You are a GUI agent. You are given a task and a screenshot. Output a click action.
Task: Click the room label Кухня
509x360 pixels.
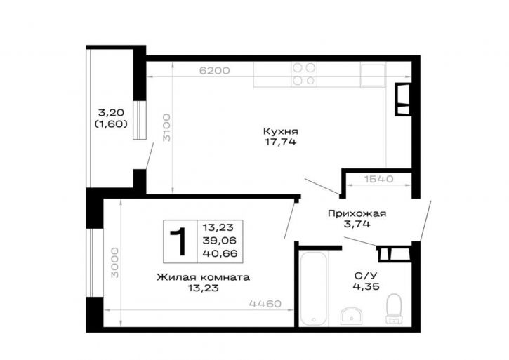(x=280, y=131)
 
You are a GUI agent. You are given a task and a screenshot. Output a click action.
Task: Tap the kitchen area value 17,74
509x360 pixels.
(x=281, y=142)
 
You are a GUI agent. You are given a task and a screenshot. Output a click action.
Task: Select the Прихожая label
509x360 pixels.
(x=357, y=213)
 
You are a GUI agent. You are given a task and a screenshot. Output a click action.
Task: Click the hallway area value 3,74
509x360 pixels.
(x=357, y=224)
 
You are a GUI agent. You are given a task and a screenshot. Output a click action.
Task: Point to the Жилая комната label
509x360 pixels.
(x=203, y=278)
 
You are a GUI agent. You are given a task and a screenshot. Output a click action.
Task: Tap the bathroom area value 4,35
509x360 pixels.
(x=366, y=286)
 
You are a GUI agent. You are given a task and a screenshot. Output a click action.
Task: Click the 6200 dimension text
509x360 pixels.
(x=214, y=70)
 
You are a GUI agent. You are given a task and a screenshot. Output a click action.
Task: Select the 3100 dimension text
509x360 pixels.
(x=166, y=127)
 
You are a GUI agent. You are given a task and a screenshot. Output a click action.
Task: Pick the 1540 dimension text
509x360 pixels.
(x=378, y=179)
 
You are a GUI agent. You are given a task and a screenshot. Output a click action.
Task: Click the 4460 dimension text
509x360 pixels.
(x=265, y=304)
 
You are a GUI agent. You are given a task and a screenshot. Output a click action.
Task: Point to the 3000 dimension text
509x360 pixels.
(x=115, y=263)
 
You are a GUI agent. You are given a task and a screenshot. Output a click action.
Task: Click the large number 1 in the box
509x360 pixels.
(x=178, y=241)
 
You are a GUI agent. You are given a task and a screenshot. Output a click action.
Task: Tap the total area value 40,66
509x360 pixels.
(x=220, y=253)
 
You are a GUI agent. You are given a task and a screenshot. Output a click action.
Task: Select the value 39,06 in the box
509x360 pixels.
(x=220, y=241)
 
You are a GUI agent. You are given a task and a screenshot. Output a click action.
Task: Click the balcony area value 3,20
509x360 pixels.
(x=111, y=113)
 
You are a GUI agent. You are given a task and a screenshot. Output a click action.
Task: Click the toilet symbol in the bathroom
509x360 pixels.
(x=394, y=308)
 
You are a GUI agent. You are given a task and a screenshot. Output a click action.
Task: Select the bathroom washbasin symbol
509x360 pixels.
(x=352, y=316)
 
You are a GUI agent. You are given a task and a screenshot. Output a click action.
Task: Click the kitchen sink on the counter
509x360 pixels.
(x=373, y=75)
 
